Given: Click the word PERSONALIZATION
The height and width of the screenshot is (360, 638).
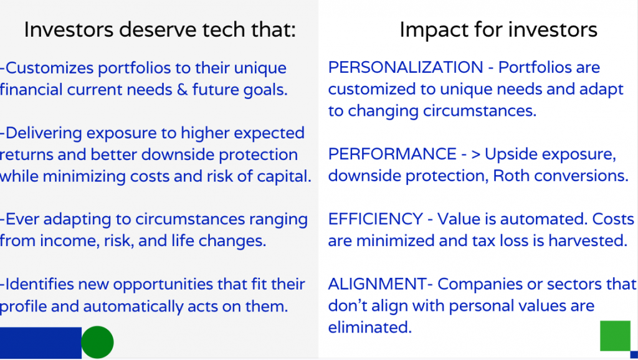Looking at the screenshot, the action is (406, 67).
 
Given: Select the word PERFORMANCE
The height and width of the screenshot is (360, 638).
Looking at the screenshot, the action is (393, 154).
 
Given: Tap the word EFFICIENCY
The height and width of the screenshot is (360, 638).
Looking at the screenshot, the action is (376, 219).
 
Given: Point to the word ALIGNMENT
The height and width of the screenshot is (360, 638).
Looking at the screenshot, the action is (377, 285).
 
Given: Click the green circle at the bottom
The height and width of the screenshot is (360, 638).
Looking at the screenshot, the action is (98, 342).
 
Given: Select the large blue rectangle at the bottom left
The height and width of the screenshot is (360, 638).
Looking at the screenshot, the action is (40, 343).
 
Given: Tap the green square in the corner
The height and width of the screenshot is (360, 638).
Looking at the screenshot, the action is (615, 336).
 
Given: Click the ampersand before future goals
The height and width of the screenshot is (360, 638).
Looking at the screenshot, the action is (183, 90).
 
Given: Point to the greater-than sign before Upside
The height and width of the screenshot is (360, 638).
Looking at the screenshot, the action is (475, 154).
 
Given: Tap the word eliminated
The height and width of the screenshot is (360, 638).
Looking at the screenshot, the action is (370, 328).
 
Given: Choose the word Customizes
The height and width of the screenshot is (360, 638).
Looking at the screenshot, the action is (49, 68).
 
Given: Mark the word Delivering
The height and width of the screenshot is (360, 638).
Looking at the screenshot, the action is (44, 134).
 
